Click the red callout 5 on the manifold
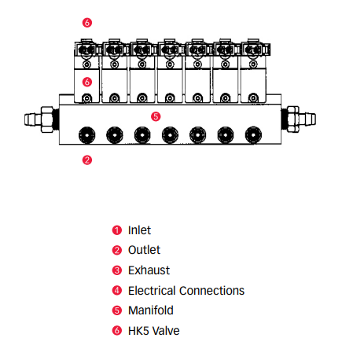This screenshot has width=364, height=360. (156, 116)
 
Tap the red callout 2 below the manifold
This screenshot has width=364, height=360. (87, 160)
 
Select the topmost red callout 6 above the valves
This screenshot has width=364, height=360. (87, 23)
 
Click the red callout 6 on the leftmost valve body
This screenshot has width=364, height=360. (87, 82)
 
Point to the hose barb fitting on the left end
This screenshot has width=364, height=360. (42, 119)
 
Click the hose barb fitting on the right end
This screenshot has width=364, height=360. (299, 119)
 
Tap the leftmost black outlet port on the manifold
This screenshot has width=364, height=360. (86, 135)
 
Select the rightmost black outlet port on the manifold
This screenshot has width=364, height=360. (253, 135)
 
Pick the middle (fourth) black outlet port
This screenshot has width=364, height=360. (170, 135)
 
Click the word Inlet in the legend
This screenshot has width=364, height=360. (139, 230)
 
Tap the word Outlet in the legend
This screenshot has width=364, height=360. (144, 250)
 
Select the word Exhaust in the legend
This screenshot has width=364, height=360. (149, 270)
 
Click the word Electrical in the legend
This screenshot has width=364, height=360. (156, 291)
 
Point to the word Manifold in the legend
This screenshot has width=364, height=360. (151, 310)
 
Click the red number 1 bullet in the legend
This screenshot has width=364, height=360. (117, 230)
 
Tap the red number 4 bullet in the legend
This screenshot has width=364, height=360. (117, 290)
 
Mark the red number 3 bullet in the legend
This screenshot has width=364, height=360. (117, 270)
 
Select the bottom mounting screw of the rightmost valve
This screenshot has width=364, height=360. (253, 98)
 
